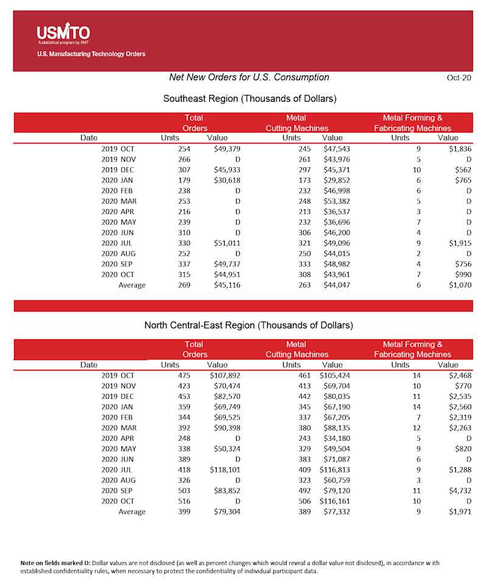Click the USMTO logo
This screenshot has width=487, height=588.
click(x=63, y=35)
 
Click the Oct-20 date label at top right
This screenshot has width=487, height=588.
click(x=460, y=78)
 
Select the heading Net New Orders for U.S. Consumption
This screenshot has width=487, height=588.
click(x=249, y=77)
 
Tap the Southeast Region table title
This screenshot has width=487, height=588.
click(x=250, y=99)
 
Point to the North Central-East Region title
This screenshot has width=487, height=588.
click(x=248, y=325)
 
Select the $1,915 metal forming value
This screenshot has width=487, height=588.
click(x=460, y=243)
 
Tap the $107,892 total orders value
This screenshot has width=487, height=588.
click(x=223, y=376)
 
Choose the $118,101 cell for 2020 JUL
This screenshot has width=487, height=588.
click(x=223, y=470)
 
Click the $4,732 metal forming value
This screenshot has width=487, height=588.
click(x=460, y=491)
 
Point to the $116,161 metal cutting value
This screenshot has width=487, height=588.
click(x=335, y=501)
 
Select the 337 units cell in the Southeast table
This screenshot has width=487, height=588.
click(x=184, y=264)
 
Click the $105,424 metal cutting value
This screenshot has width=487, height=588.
click(x=335, y=376)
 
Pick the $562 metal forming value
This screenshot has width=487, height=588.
click(x=463, y=170)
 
